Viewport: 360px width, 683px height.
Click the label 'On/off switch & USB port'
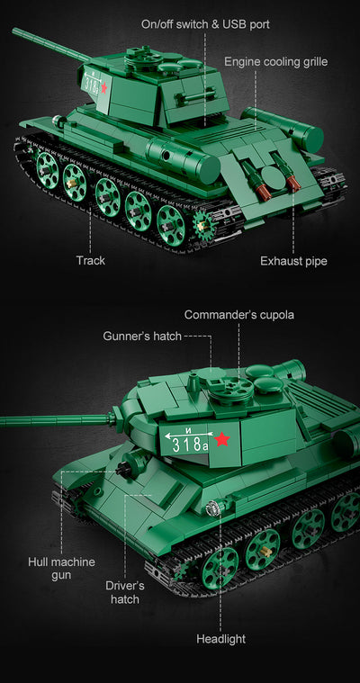[x=205, y=23]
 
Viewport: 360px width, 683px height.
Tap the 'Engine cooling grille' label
[x=275, y=62]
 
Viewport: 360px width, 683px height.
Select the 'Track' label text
[x=90, y=260]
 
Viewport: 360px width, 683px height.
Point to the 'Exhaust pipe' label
[x=293, y=261]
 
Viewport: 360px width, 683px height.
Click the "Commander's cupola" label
[x=239, y=315]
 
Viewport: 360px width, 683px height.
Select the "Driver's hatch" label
[x=125, y=592]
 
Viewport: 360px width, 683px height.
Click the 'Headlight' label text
[x=220, y=639]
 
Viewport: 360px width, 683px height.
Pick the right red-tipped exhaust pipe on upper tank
[x=293, y=184]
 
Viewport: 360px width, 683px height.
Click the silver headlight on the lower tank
[x=213, y=509]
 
